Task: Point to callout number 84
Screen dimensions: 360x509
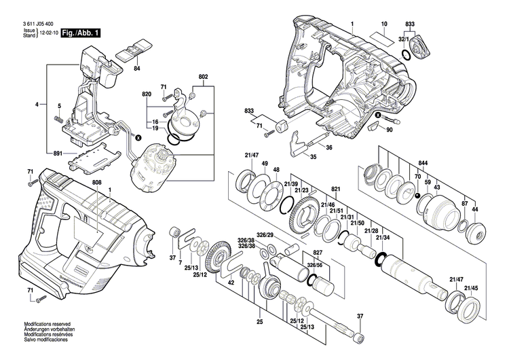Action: (136, 69)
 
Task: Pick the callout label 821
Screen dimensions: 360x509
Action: (335, 188)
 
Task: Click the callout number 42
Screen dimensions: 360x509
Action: (231, 282)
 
